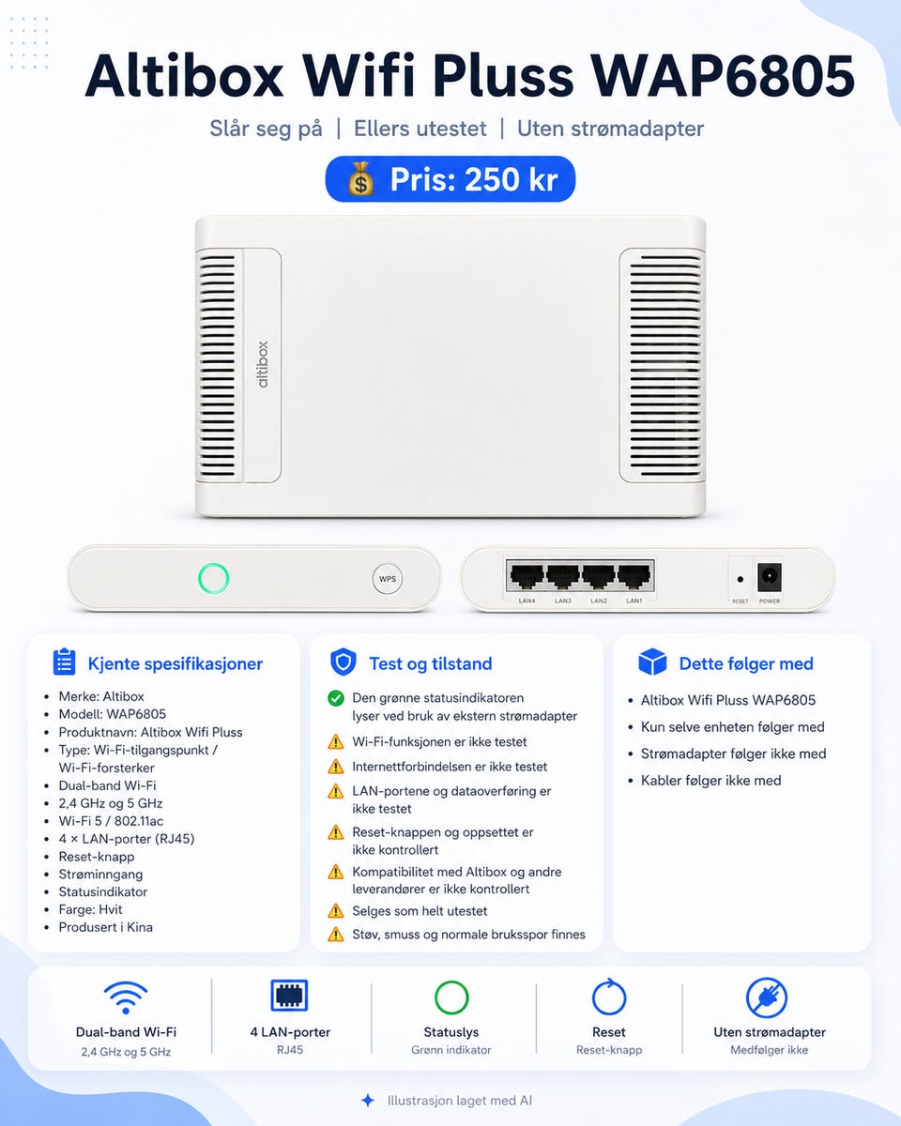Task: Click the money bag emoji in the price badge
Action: coord(360,179)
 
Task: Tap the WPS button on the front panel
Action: coord(388,579)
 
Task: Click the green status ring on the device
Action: coord(214,578)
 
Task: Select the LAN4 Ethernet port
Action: coord(527,576)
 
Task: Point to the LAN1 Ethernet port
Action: coord(634,576)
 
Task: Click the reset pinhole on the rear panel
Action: coord(740,579)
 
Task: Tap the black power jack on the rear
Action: coord(769,577)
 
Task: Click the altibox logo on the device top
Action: coord(263,365)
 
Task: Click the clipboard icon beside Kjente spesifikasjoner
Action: coord(65,662)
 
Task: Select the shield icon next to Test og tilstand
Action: coord(344,662)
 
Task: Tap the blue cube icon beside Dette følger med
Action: coord(652,662)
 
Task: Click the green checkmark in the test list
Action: coord(336,698)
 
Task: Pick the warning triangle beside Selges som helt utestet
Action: coord(336,911)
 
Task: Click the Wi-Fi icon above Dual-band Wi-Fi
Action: coord(126,997)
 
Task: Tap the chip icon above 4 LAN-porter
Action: coord(289,996)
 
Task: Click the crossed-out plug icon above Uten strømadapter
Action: coord(767,997)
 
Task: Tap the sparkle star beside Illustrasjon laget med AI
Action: coord(368,1101)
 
